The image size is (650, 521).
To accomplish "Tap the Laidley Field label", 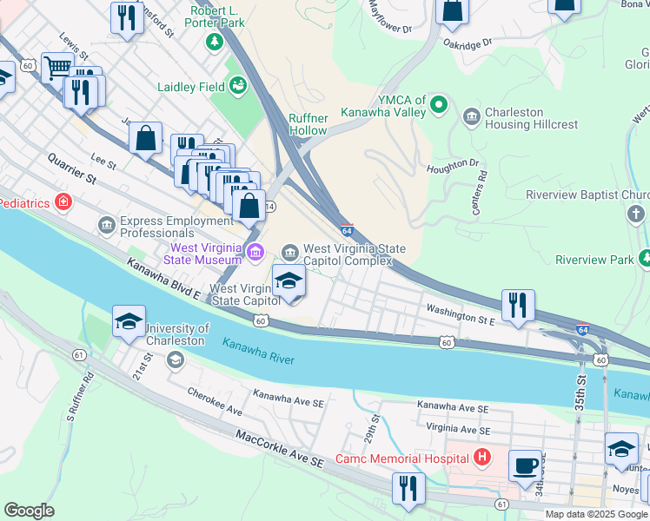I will tap(189, 87).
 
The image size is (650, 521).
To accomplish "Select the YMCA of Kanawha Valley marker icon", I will tap(440, 107).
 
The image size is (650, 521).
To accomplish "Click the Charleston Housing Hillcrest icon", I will tap(472, 115).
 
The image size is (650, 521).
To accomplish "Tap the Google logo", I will tap(29, 511).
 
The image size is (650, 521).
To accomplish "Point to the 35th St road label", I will tap(580, 382).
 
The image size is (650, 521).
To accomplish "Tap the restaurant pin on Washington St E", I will tap(517, 305).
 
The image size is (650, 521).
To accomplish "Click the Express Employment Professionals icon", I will tap(106, 227).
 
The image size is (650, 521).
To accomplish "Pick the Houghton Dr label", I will tap(451, 163).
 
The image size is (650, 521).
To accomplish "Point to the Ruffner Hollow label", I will tap(308, 124).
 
